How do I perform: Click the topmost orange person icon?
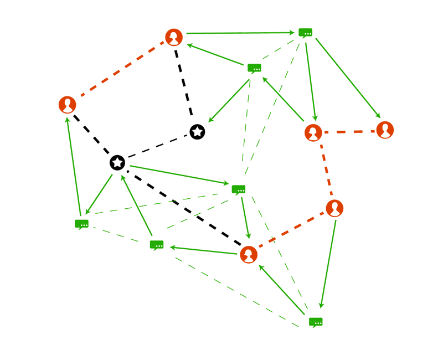(174, 38)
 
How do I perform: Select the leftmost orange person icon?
(67, 104)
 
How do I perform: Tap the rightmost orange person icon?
(385, 130)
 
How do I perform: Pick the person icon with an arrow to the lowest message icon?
(334, 208)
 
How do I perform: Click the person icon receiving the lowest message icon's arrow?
(249, 255)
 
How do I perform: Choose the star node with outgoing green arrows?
(117, 163)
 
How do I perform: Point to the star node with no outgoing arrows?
(197, 132)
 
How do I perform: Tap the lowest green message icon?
(316, 322)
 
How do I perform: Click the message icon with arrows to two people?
(305, 33)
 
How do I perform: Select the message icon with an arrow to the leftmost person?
(81, 224)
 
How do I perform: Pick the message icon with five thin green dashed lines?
(239, 189)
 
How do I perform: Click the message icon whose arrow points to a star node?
(254, 68)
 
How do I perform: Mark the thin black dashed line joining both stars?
(157, 147)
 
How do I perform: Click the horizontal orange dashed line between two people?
(349, 132)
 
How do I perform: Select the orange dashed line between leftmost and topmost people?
(121, 71)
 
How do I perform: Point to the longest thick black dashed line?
(183, 209)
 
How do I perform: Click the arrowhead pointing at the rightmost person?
(378, 116)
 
